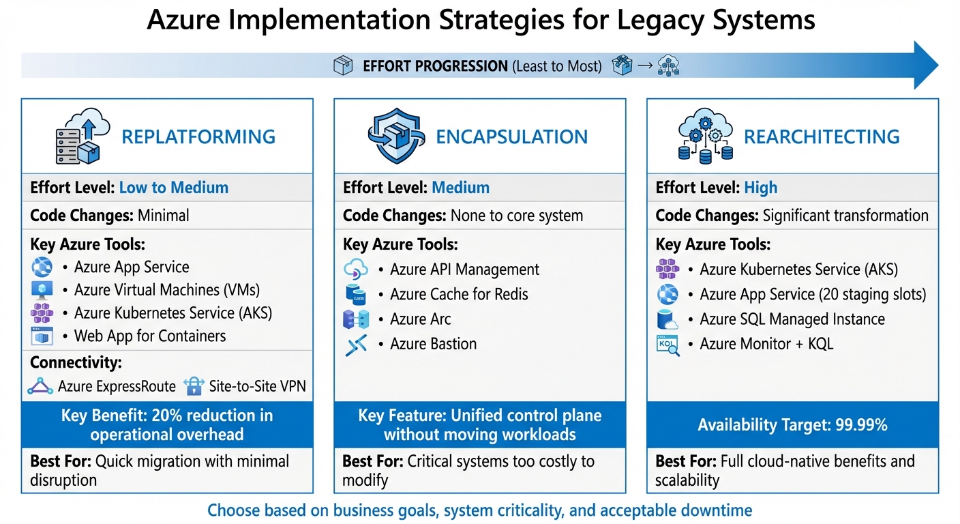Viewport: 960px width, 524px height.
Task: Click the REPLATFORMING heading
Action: pyautogui.click(x=198, y=136)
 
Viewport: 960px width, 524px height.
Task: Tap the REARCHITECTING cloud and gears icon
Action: pyautogui.click(x=705, y=136)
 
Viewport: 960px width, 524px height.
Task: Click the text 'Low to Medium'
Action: pyautogui.click(x=174, y=188)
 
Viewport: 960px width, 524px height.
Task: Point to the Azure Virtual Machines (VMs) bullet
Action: pyautogui.click(x=167, y=290)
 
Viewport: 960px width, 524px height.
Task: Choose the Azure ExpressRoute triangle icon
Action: pyautogui.click(x=40, y=386)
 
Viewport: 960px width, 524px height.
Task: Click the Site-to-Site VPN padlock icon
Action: pyautogui.click(x=194, y=386)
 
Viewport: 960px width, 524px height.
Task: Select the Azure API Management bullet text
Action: pyautogui.click(x=464, y=270)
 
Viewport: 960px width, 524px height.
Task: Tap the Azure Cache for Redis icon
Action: pyautogui.click(x=356, y=294)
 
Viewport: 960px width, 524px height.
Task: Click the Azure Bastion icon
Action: pyautogui.click(x=356, y=345)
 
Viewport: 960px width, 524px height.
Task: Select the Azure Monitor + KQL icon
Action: pyautogui.click(x=667, y=345)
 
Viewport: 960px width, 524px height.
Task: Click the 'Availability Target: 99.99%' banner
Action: pyautogui.click(x=792, y=425)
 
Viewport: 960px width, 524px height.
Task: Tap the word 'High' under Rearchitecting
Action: pyautogui.click(x=761, y=188)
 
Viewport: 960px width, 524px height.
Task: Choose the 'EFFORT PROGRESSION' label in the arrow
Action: pyautogui.click(x=435, y=66)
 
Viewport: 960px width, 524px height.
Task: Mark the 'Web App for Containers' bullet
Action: pyautogui.click(x=150, y=336)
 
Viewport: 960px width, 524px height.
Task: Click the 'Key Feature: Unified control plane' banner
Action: pyautogui.click(x=479, y=425)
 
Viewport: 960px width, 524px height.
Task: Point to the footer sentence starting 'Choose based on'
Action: pyautogui.click(x=479, y=510)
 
